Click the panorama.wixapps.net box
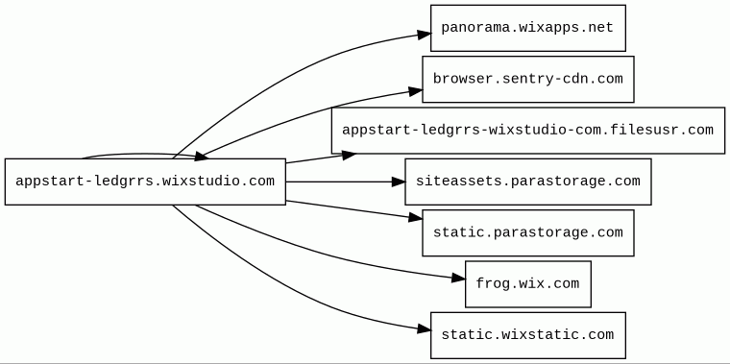[528, 28]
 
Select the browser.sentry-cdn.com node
[528, 79]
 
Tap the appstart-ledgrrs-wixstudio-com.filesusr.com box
[528, 131]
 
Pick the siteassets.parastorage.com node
[528, 182]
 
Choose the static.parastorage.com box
[528, 232]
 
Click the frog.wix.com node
[528, 284]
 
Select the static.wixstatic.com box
[528, 335]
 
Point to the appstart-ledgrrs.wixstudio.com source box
[145, 182]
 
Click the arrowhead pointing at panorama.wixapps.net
[425, 35]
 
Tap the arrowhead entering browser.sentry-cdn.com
[416, 91]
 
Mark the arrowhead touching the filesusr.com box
[350, 156]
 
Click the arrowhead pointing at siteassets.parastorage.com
[398, 182]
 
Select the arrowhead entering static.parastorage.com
[416, 217]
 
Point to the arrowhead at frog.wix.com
[458, 279]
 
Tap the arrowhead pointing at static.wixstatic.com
[425, 329]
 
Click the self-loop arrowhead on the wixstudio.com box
[202, 157]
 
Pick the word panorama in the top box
[472, 28]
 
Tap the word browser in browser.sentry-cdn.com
[459, 79]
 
